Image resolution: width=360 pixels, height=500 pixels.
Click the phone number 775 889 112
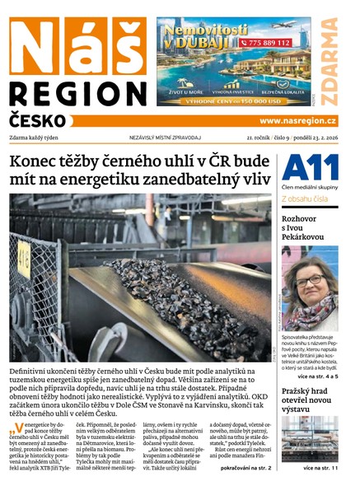(264, 42)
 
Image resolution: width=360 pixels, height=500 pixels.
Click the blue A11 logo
(309, 168)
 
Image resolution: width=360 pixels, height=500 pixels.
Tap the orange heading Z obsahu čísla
(306, 199)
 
